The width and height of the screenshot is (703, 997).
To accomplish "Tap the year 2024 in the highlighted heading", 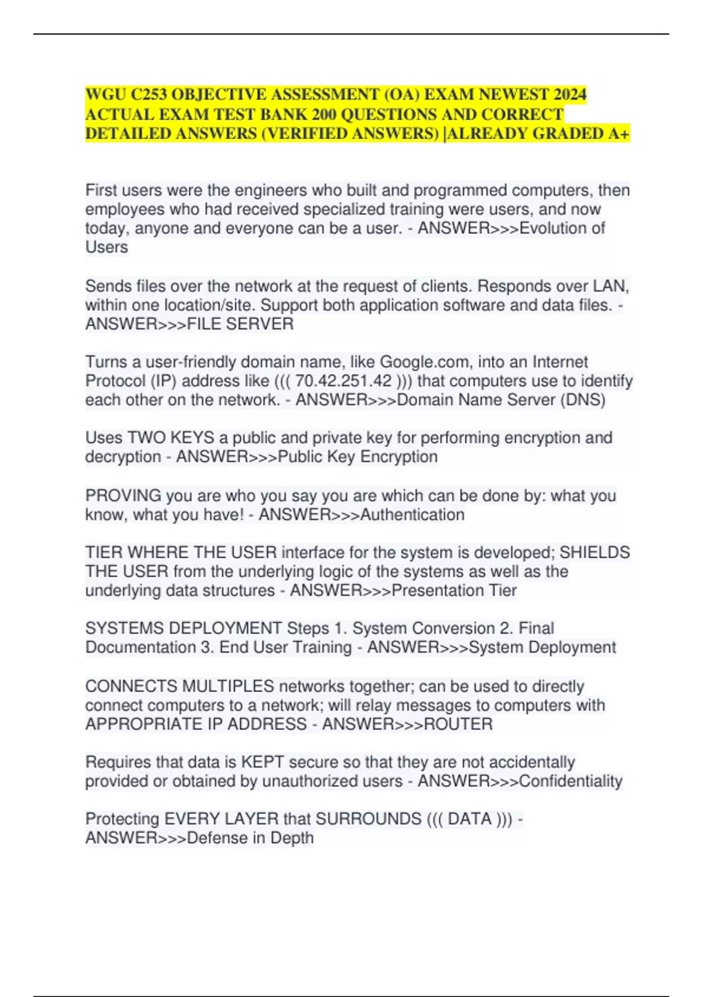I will point(570,95).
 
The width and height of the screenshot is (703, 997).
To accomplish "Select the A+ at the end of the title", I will point(619,134).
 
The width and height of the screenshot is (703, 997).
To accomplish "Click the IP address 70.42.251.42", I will point(343,381).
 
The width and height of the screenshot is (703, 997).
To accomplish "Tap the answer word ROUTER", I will point(458,724).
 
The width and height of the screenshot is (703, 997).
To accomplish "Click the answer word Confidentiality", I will point(571,781).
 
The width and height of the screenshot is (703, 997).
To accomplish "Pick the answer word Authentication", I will point(412,515).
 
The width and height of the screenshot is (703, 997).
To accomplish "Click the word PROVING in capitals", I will point(123,496).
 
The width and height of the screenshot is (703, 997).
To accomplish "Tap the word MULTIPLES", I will point(228,686).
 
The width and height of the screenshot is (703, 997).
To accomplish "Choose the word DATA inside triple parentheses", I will point(470,819).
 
